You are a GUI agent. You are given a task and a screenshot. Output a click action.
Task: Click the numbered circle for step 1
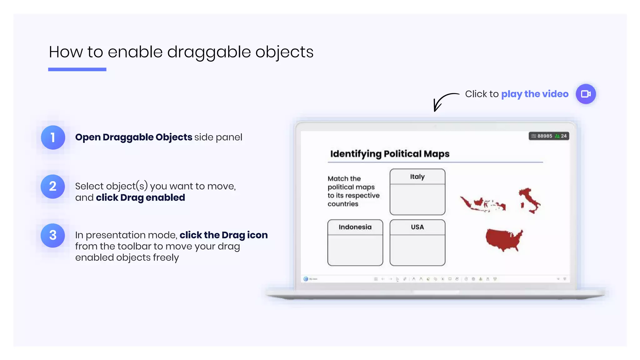53,137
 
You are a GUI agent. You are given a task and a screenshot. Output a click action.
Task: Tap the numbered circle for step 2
53,187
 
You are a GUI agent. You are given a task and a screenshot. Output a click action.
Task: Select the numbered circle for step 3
53,235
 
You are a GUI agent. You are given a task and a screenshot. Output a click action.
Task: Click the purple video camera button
586,94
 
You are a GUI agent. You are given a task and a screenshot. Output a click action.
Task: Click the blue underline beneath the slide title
77,69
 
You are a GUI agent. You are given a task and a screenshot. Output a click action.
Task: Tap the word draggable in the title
209,52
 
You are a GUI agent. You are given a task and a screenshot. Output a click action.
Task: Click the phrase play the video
535,94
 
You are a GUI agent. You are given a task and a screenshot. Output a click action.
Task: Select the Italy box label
417,177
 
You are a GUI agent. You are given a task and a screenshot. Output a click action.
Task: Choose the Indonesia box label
355,227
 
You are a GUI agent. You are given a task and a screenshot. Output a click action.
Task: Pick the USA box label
417,227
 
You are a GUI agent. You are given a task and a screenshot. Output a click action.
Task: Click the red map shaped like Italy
530,200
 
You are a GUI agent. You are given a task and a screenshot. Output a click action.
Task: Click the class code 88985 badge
549,136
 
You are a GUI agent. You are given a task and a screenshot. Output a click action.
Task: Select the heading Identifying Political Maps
390,154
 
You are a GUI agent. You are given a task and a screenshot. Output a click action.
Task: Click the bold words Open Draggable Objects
134,137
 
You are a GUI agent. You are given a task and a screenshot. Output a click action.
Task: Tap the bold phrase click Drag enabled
140,197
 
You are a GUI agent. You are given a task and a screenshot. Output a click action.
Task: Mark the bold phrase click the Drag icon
223,235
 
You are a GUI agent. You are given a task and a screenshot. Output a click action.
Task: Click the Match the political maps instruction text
353,191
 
